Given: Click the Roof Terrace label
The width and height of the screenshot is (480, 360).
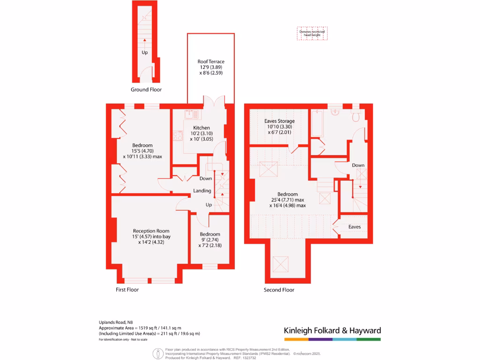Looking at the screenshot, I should pos(210,61).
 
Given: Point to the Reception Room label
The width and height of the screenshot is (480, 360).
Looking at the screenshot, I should pos(151,231).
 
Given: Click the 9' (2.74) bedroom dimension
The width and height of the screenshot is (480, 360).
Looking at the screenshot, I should pos(210,240).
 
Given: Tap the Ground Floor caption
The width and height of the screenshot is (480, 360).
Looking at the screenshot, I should pos(146,90).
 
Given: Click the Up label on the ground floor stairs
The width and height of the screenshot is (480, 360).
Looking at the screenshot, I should pos(144,52).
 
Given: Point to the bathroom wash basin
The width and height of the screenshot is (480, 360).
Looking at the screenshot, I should pos(336,112).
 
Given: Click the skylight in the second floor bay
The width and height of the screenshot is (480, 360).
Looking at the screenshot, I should pos(281,264).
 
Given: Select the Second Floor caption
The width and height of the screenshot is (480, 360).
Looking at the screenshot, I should pos(279,290).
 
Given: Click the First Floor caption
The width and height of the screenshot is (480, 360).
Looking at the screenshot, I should pos(127,290).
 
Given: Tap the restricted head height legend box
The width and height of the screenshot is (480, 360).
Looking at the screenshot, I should pos(312,33).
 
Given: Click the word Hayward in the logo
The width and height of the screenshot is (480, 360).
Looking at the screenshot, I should pos(363,330).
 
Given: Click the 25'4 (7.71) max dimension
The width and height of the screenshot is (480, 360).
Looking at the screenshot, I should pos(287,200).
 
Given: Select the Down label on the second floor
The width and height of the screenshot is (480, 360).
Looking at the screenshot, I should pos(358,165).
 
